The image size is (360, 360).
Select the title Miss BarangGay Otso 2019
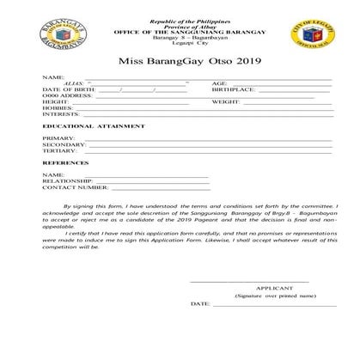(180, 63)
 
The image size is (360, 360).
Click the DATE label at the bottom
(199, 304)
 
